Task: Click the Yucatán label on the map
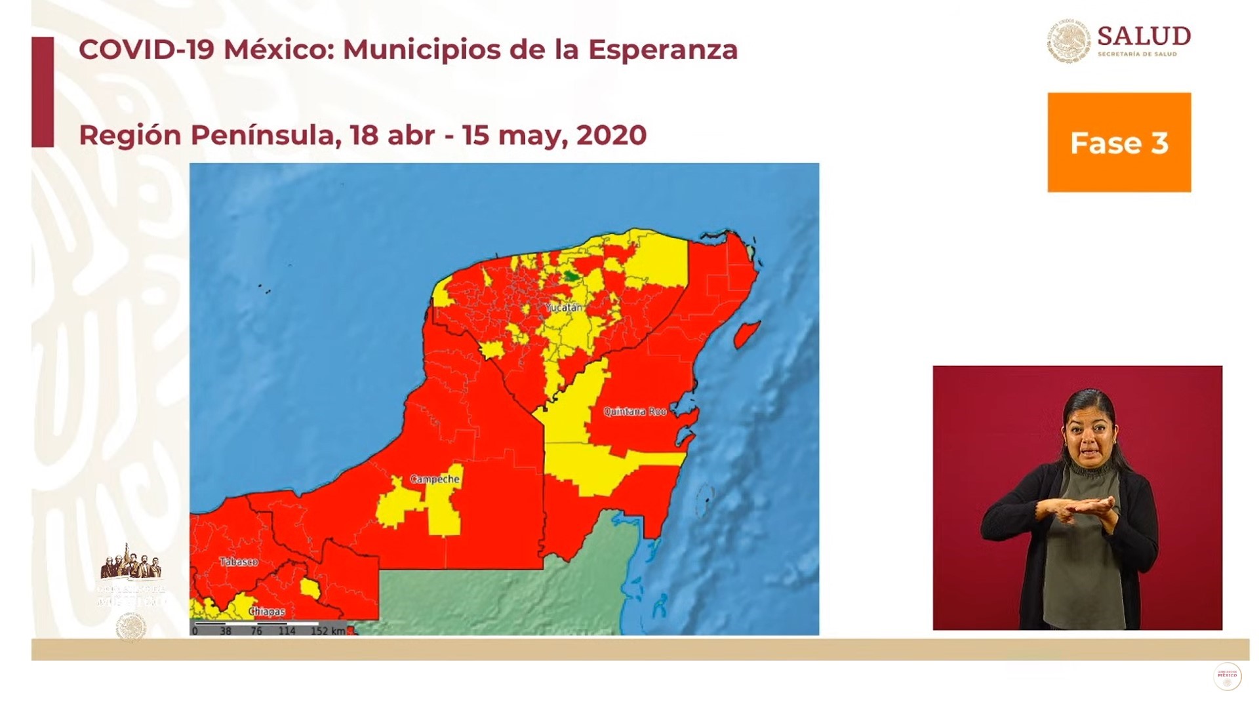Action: point(563,307)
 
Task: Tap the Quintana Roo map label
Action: point(634,412)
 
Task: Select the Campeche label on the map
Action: point(435,479)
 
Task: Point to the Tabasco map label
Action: point(239,562)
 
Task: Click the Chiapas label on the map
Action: point(267,612)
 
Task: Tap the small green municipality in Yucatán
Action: point(572,276)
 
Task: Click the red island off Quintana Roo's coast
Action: point(746,334)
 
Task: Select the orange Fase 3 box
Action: point(1119,142)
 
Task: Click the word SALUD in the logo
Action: point(1144,37)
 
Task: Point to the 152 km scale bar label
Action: point(328,631)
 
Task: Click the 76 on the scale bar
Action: point(256,631)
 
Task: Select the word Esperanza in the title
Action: point(662,50)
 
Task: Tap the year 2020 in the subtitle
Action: point(611,135)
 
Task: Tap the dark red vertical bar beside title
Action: point(43,92)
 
